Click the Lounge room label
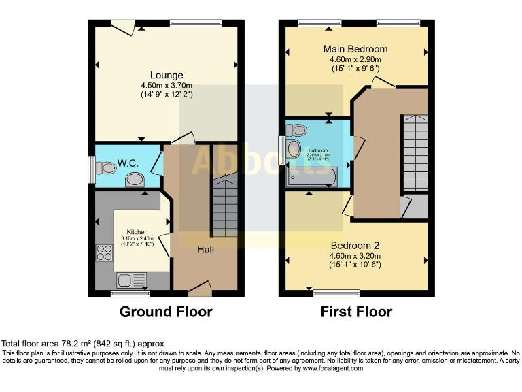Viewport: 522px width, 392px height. click(x=167, y=75)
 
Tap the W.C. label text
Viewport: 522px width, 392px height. click(x=128, y=163)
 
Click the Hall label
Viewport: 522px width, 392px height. click(x=205, y=250)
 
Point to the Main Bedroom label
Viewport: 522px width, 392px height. click(x=355, y=49)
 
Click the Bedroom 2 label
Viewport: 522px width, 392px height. click(x=355, y=245)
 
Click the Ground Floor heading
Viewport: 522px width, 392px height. click(x=166, y=312)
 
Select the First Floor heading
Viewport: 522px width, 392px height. click(x=356, y=312)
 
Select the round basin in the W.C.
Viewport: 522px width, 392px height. click(x=135, y=180)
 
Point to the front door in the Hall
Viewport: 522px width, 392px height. click(x=199, y=291)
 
